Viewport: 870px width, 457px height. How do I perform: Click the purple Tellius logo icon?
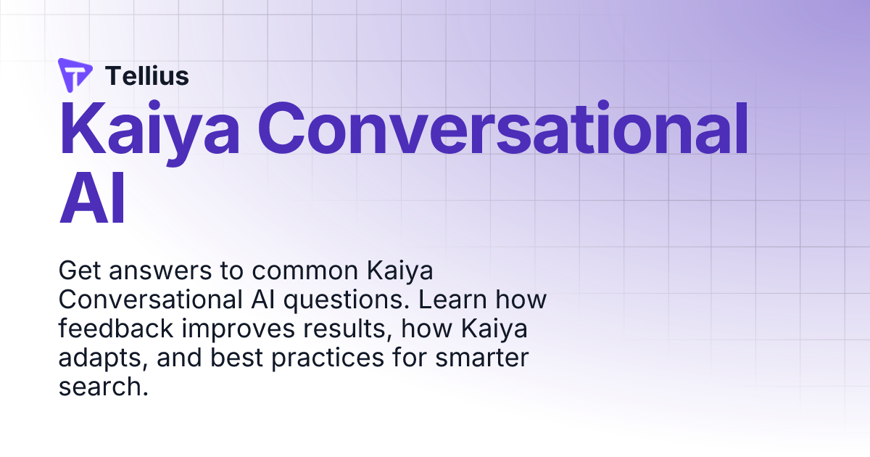coord(75,75)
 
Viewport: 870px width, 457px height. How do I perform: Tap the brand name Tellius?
coord(147,75)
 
